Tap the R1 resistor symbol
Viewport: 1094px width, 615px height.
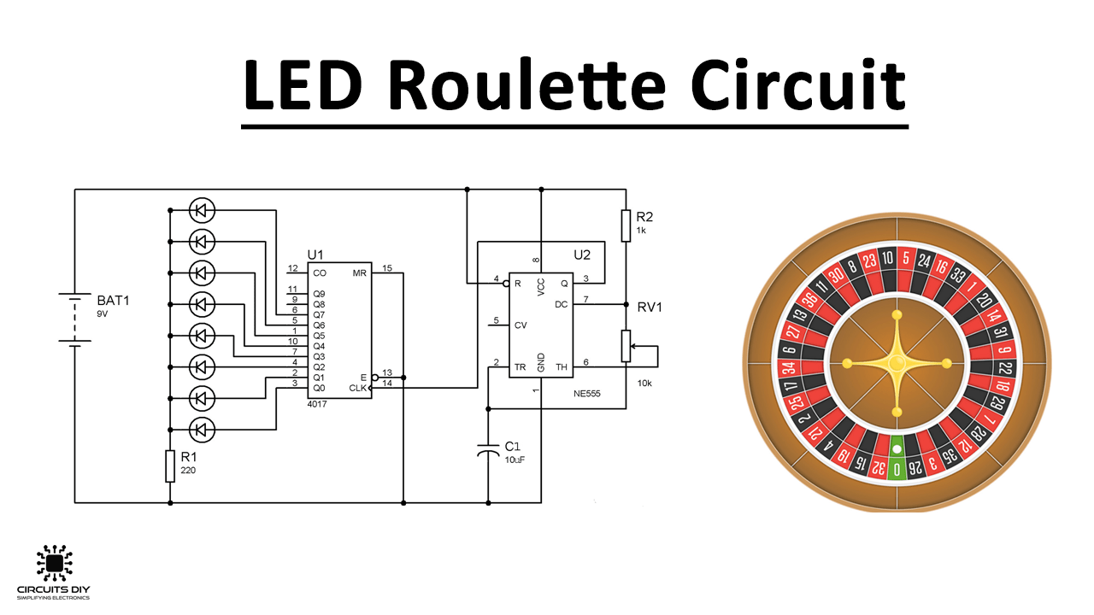click(170, 466)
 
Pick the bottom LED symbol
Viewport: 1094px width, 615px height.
click(202, 428)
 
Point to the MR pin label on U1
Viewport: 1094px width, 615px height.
click(360, 273)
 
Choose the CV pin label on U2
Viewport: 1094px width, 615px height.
click(521, 325)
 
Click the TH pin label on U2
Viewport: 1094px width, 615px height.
click(562, 367)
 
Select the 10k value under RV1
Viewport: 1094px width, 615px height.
click(644, 384)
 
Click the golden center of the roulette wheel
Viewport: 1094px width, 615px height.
click(897, 364)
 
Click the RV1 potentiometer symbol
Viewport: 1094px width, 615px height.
click(626, 346)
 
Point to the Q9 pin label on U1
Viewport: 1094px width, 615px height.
click(320, 293)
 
